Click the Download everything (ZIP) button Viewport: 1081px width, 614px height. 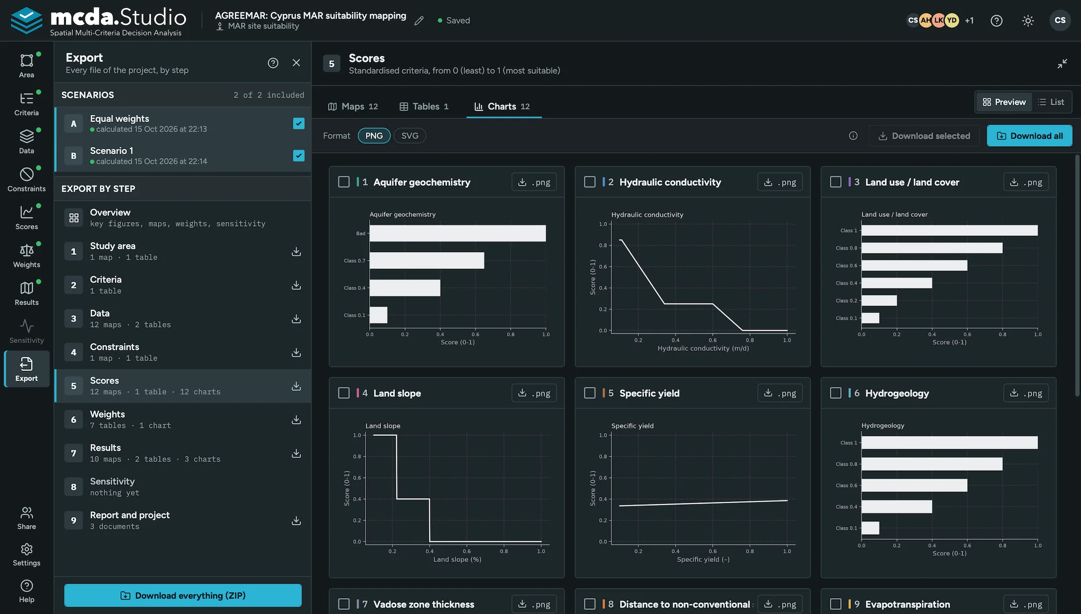tap(183, 595)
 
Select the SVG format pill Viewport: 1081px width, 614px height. tap(410, 135)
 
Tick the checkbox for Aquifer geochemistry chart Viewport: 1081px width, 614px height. tap(344, 182)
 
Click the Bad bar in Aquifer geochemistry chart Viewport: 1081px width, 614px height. tap(458, 233)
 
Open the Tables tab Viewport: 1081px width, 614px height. tap(424, 106)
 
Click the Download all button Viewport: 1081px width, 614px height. tap(1030, 136)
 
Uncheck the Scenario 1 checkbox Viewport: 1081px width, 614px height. tap(299, 156)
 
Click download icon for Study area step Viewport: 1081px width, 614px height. tap(296, 251)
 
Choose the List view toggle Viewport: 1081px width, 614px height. tap(1051, 102)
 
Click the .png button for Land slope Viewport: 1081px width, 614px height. tap(534, 393)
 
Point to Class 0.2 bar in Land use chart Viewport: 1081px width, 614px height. tap(879, 300)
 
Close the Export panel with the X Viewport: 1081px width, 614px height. tap(296, 62)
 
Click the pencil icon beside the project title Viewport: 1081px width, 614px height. tap(419, 21)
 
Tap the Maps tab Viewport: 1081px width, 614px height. tap(353, 106)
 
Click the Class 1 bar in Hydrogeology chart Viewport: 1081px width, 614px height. tap(950, 442)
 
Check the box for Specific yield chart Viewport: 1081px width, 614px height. tap(590, 393)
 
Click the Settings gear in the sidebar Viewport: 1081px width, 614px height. tap(27, 554)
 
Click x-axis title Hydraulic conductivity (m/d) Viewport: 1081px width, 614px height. tap(703, 348)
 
